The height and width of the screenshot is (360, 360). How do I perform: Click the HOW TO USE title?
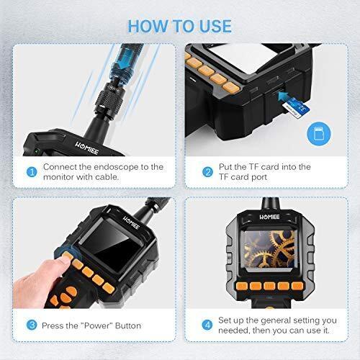click(180, 26)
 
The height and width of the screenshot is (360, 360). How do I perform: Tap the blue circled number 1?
click(32, 172)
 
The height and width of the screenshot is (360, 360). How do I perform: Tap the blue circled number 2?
click(207, 172)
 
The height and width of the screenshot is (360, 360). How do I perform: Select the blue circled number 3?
click(32, 325)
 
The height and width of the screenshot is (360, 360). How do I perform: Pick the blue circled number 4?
click(207, 325)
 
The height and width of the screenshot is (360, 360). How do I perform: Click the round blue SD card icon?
click(319, 133)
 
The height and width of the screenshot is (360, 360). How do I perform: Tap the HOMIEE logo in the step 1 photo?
click(86, 148)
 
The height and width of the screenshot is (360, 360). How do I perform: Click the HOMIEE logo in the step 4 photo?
click(269, 217)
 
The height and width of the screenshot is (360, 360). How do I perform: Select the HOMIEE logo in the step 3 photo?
click(131, 222)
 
